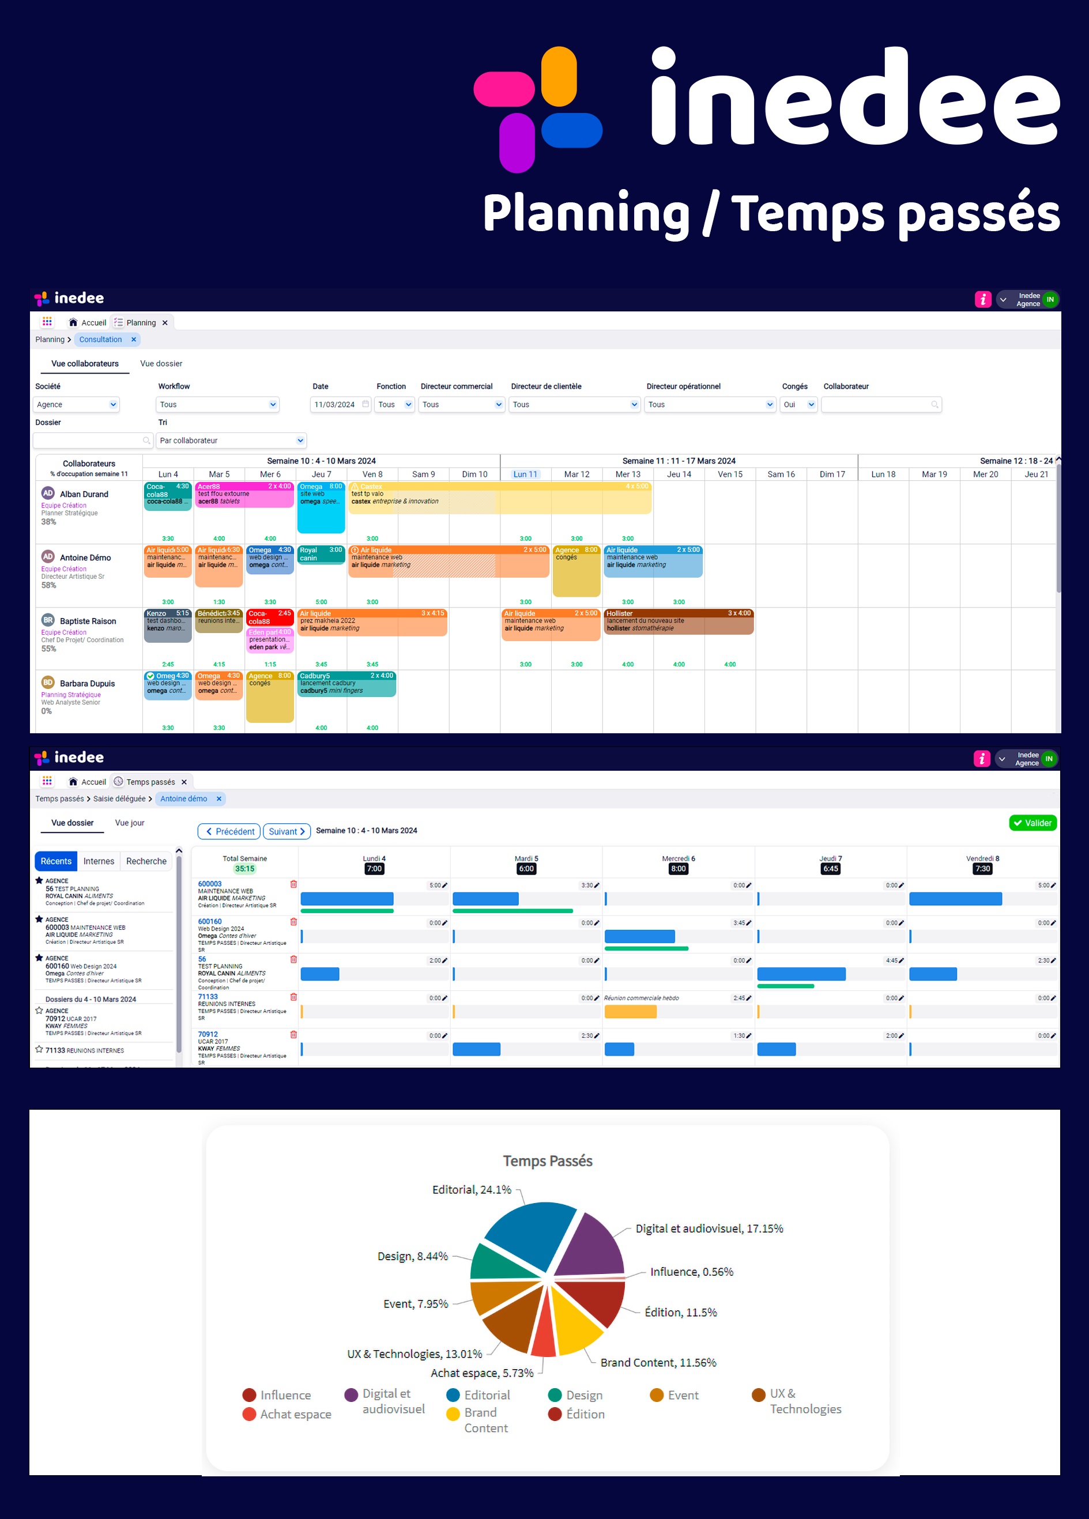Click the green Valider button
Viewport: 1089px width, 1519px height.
tap(1032, 823)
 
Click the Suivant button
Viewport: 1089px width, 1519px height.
tap(287, 831)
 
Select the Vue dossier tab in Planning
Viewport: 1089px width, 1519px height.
tap(161, 364)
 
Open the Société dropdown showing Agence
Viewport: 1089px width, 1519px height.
tap(76, 405)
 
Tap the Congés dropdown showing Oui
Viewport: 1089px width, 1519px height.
tap(798, 405)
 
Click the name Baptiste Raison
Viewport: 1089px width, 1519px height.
tap(88, 621)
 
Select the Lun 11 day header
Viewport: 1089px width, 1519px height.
tap(525, 474)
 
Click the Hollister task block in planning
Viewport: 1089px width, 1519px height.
tap(678, 621)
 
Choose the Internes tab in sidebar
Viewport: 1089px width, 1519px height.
tap(99, 861)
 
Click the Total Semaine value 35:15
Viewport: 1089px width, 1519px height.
tap(244, 869)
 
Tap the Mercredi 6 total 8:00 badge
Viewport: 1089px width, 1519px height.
tap(678, 869)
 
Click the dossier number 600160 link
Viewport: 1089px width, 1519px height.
tap(210, 922)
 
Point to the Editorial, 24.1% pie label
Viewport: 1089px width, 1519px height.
tap(472, 1189)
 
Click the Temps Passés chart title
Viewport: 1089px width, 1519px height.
tap(547, 1160)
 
